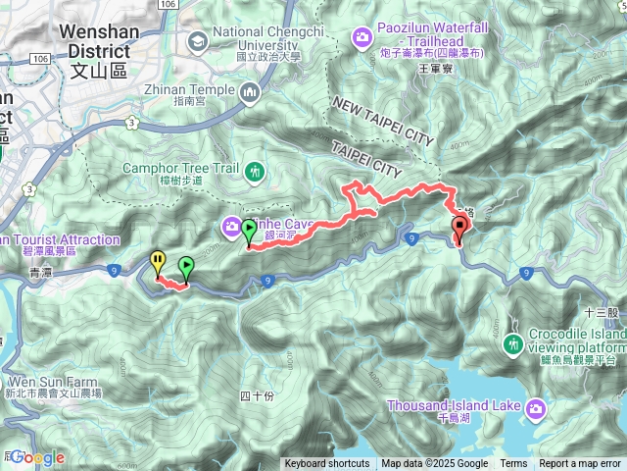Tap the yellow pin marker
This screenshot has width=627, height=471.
157,261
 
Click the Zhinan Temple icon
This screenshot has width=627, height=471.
249,92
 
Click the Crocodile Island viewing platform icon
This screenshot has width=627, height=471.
511,345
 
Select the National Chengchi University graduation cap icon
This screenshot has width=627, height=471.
196,40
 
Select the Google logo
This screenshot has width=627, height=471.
36,457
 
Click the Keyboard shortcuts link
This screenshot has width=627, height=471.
327,464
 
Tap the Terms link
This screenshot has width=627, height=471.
513,464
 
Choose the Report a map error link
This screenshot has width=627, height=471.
581,464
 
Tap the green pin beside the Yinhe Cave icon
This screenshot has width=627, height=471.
249,232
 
